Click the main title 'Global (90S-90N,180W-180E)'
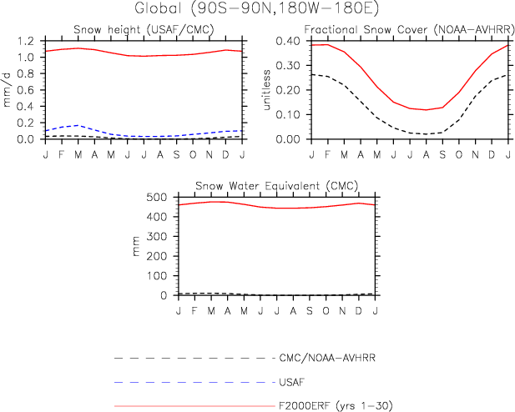tap(257, 9)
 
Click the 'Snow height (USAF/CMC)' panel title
tap(144, 30)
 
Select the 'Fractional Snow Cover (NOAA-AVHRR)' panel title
tap(409, 30)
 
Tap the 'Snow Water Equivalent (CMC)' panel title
tap(276, 186)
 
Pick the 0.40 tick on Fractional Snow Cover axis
tap(288, 42)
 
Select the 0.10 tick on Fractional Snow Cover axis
tap(288, 115)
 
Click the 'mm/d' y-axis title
tap(7, 90)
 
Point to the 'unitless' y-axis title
tap(266, 90)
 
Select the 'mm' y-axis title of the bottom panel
tap(136, 246)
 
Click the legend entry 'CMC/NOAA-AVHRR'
tap(327, 358)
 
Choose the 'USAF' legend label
tap(291, 382)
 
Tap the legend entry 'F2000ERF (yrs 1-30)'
tap(336, 406)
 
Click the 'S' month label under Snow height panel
tap(177, 154)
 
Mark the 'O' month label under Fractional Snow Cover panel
tap(459, 154)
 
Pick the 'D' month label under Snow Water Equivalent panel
tap(359, 310)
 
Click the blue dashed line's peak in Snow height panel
tap(78, 125)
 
